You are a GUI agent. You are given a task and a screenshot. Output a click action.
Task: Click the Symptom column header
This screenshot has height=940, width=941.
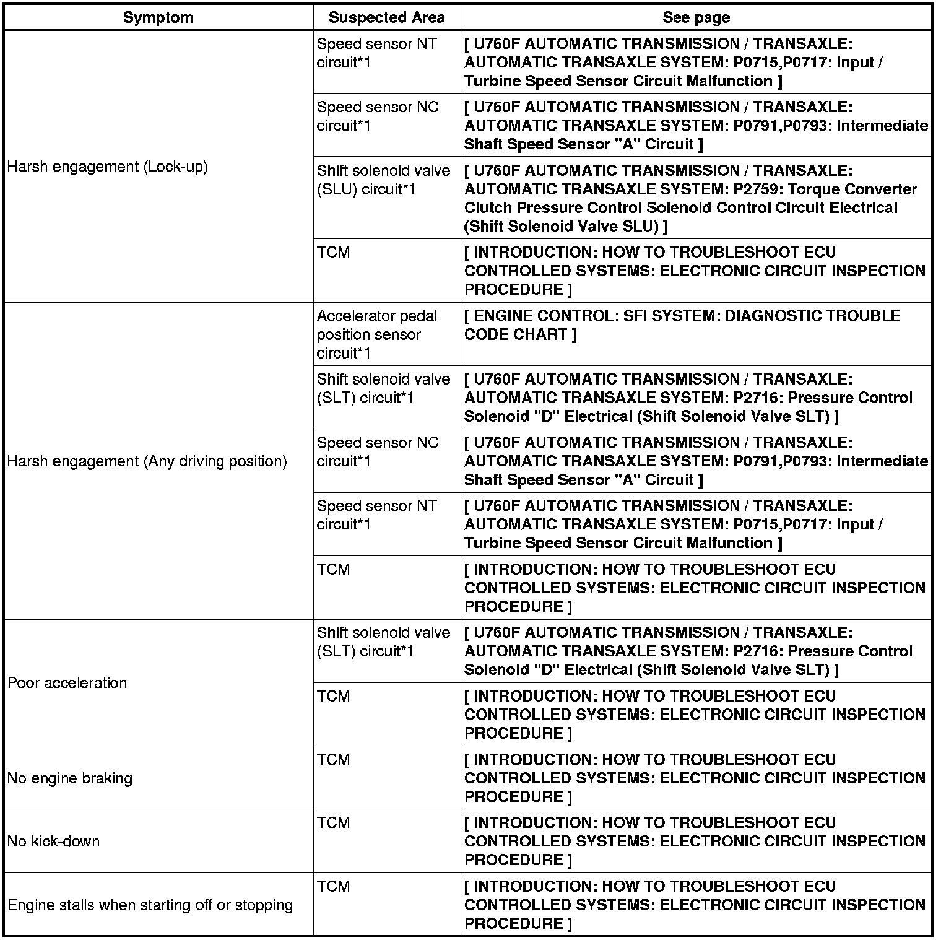point(158,17)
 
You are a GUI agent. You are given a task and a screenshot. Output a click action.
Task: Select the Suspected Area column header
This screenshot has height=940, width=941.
point(386,17)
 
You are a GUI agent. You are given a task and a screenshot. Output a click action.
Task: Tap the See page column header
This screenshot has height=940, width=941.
point(696,17)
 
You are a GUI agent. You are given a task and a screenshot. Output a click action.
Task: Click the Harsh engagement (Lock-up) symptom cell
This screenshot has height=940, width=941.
point(108,167)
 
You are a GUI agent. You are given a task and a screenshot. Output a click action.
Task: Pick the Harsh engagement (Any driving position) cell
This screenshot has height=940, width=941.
point(147,461)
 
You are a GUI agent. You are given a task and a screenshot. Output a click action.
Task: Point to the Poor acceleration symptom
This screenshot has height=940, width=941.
point(67,682)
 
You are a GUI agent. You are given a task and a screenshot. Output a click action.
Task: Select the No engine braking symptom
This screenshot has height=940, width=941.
point(70,778)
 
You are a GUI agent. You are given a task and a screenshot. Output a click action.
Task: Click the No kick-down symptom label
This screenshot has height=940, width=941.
point(54,841)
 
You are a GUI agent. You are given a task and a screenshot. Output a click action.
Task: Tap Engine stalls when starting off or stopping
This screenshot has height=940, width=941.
point(150,905)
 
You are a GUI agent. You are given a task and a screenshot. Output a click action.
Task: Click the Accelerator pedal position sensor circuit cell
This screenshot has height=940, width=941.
point(377,334)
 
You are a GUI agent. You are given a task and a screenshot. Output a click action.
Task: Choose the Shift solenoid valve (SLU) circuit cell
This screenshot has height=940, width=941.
point(383,180)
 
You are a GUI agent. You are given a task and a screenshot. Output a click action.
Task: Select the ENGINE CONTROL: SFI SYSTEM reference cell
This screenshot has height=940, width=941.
point(681,325)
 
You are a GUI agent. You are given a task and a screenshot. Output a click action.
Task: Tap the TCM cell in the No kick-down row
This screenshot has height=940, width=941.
point(334,823)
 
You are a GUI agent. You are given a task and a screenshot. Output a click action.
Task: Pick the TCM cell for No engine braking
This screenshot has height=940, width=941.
point(334,760)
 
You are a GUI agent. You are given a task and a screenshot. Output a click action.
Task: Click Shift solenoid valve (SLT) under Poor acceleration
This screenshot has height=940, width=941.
point(383,642)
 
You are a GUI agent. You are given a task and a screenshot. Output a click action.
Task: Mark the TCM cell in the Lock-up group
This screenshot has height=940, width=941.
point(334,253)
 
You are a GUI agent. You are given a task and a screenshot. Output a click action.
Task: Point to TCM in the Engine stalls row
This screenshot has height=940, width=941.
point(334,887)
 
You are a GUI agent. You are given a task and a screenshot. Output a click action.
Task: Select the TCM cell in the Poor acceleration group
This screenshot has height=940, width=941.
point(334,697)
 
